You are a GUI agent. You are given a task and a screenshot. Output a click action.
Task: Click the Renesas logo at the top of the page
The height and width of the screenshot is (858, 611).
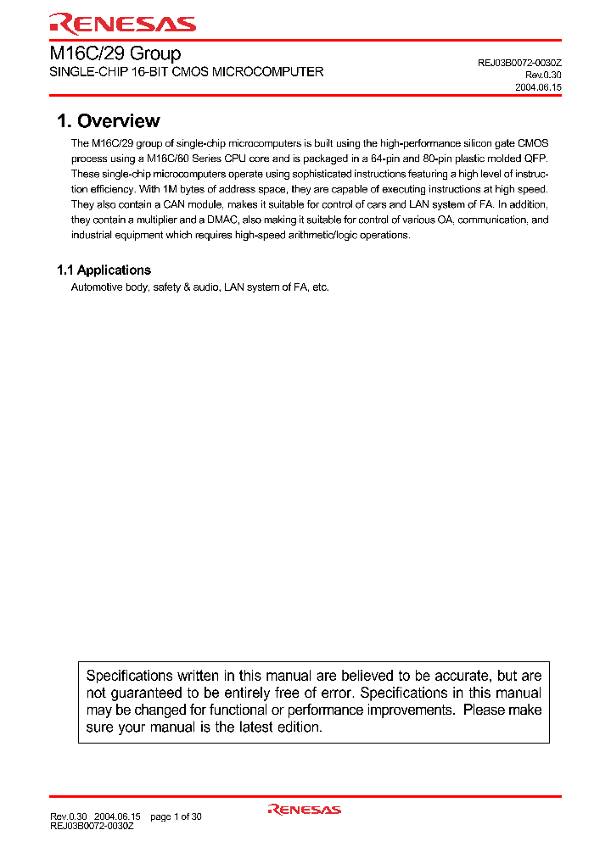(122, 23)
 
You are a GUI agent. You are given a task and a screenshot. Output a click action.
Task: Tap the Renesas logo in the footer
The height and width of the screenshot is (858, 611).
(305, 810)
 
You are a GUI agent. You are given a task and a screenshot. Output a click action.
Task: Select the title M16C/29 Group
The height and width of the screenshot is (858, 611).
(115, 53)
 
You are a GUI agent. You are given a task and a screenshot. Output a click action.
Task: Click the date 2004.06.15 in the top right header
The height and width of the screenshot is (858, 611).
(538, 87)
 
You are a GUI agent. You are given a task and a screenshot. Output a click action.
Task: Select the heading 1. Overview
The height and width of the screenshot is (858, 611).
(109, 121)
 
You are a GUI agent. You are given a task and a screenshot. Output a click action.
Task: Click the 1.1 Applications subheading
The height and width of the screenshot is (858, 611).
(104, 270)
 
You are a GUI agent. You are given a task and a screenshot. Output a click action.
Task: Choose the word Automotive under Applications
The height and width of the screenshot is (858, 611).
(98, 287)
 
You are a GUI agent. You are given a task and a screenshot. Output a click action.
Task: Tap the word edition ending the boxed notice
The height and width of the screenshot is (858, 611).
(297, 727)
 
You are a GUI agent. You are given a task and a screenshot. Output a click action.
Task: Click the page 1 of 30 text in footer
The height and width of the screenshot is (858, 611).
(176, 816)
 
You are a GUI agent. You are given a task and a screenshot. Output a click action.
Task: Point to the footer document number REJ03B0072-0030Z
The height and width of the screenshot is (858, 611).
(92, 826)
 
